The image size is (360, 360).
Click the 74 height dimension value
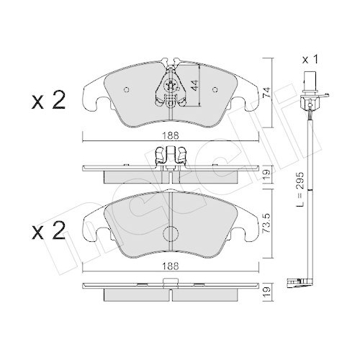266,92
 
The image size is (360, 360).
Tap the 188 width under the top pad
171,136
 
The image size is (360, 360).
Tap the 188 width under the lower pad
171,266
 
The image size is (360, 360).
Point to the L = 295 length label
300,189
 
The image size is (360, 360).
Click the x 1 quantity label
310,59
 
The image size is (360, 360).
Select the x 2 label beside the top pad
48,101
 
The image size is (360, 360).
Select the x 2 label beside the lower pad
48,230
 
